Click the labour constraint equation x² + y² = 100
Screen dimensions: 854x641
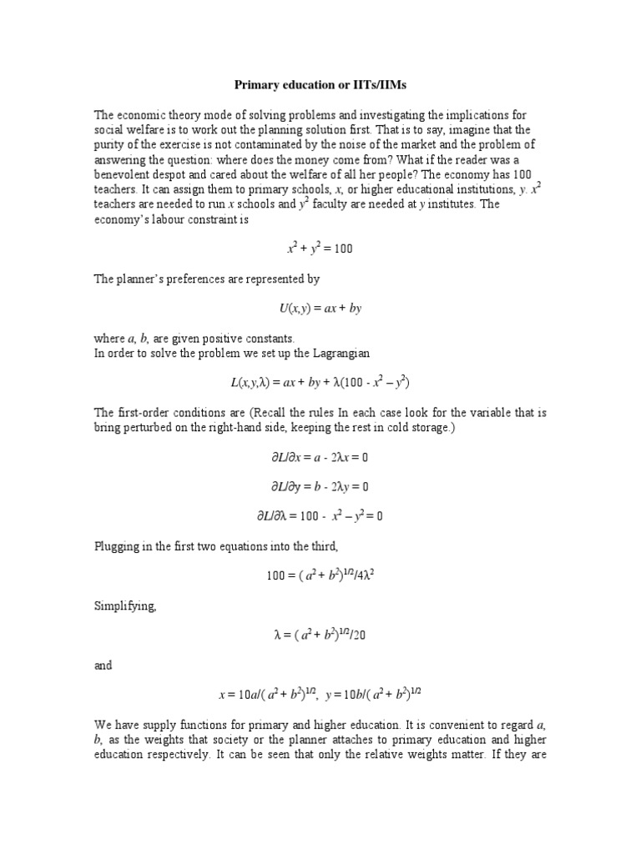320,249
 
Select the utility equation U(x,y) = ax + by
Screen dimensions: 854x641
320,308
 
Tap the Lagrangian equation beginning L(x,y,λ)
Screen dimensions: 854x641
320,383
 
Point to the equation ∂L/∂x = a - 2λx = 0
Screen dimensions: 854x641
320,457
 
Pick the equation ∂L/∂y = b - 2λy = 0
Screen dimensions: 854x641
320,486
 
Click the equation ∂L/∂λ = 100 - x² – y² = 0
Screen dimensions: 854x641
320,516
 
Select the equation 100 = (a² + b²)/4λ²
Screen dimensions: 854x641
320,576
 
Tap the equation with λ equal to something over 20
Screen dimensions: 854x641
320,635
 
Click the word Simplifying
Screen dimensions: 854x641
124,606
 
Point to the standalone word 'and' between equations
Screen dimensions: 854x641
103,666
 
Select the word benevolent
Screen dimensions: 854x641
119,174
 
